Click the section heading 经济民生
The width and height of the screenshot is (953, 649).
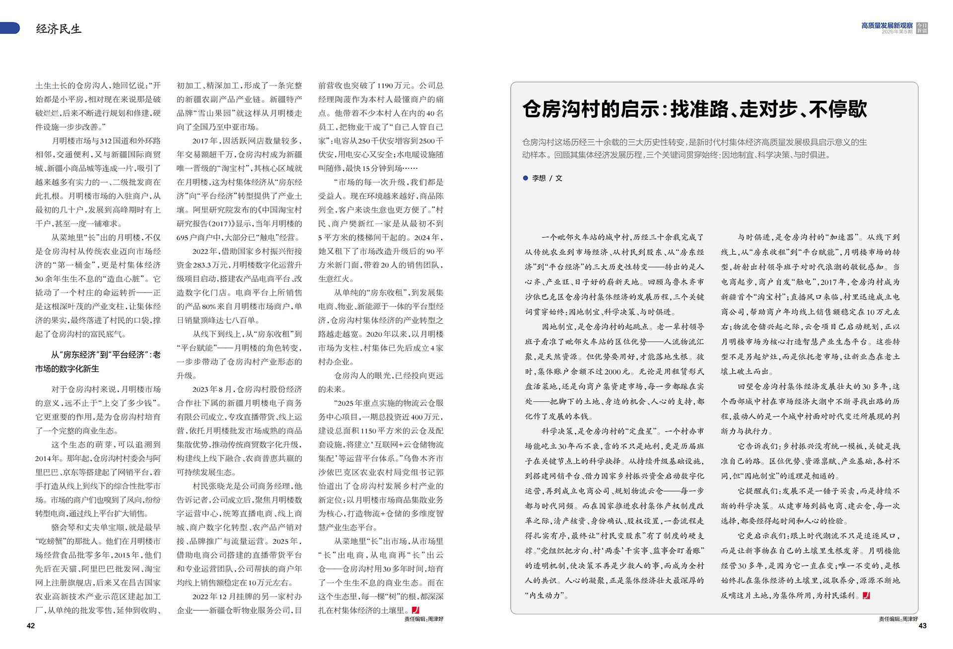[x=59, y=29]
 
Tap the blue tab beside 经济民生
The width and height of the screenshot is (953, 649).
[x=9, y=28]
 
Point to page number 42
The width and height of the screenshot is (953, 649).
[x=31, y=626]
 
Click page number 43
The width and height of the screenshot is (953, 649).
[x=922, y=626]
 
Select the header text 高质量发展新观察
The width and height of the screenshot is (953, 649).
[x=886, y=25]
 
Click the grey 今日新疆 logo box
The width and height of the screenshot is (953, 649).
[x=922, y=28]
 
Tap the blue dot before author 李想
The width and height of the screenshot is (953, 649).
[x=525, y=178]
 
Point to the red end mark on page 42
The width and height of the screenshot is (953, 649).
[x=415, y=610]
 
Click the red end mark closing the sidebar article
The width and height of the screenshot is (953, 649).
[x=866, y=595]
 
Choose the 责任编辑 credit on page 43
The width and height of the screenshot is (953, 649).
[x=898, y=619]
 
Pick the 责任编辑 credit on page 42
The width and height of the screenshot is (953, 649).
[x=423, y=619]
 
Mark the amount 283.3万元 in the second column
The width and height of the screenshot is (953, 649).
[x=214, y=265]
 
